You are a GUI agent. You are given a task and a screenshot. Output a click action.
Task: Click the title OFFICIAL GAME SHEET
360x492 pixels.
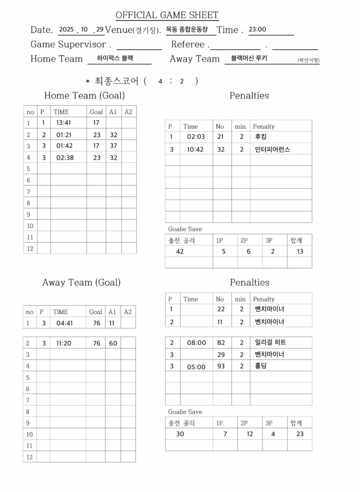click(167, 15)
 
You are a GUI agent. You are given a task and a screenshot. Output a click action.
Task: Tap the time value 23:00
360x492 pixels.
click(258, 29)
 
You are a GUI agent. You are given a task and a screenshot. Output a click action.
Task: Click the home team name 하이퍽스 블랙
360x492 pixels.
click(115, 58)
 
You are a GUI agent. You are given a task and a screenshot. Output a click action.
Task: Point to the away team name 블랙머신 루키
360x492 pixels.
click(249, 58)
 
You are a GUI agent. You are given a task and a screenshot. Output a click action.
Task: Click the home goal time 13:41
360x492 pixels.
click(63, 123)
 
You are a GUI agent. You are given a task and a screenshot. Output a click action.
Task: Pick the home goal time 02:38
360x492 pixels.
click(65, 157)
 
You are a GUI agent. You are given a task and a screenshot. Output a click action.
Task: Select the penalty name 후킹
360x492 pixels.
click(261, 137)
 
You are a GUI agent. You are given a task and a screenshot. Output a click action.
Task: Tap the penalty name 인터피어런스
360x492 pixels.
click(273, 149)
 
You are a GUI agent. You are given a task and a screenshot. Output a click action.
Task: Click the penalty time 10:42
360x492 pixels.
click(196, 149)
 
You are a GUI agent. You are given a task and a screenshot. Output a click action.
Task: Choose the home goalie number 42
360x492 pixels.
click(180, 251)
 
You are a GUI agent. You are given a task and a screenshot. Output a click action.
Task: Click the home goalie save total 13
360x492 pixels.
click(300, 251)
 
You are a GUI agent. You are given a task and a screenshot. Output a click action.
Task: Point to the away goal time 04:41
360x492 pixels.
click(64, 323)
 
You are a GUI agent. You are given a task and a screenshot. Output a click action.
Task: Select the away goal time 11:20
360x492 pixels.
click(64, 343)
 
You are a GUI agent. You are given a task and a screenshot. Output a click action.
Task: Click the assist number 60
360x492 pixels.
click(113, 343)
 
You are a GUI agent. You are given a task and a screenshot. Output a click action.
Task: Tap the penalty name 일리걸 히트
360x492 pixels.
click(271, 343)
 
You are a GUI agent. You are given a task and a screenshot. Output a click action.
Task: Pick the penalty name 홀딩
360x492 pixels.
click(261, 366)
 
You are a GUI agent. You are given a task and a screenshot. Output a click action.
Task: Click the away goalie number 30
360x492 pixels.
click(180, 434)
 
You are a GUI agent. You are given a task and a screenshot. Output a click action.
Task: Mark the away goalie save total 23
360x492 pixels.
click(300, 434)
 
